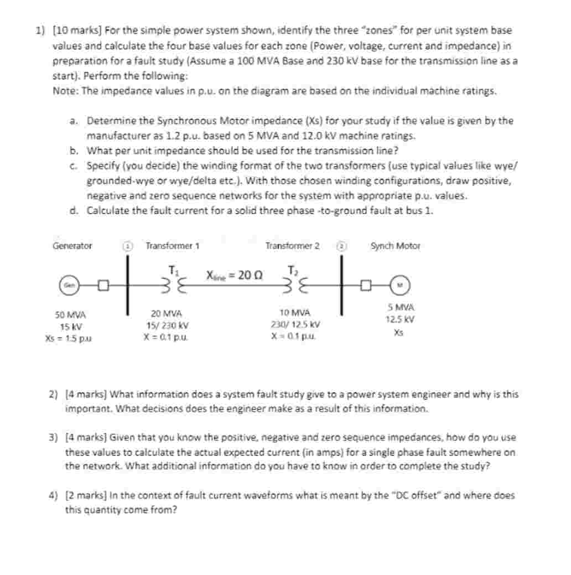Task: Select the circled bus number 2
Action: (x=342, y=245)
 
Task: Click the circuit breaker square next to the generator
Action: (x=103, y=286)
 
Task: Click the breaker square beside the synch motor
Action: (x=365, y=286)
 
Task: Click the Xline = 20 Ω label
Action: (x=235, y=275)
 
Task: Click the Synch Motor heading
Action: (x=396, y=246)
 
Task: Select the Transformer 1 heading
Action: (x=172, y=246)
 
